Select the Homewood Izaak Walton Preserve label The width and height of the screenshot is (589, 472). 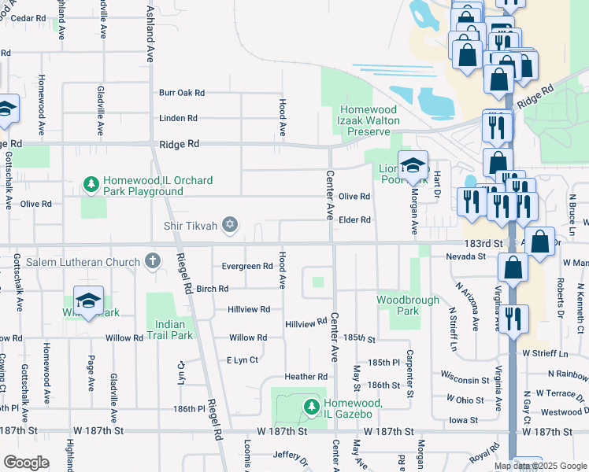click(x=369, y=121)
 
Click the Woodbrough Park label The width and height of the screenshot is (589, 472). click(x=398, y=305)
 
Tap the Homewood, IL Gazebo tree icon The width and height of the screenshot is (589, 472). click(x=312, y=406)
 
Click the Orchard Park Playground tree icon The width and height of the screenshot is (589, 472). click(x=91, y=185)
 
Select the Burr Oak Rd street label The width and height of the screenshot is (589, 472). click(x=182, y=93)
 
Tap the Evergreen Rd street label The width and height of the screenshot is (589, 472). click(x=247, y=267)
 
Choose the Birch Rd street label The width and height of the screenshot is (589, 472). click(x=213, y=289)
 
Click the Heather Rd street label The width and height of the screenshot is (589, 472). click(x=306, y=377)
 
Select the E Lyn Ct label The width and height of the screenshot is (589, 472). click(x=243, y=360)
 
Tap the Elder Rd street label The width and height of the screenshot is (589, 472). click(x=354, y=220)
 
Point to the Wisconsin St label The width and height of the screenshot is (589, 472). click(x=465, y=380)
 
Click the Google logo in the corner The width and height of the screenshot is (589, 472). click(x=26, y=463)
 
